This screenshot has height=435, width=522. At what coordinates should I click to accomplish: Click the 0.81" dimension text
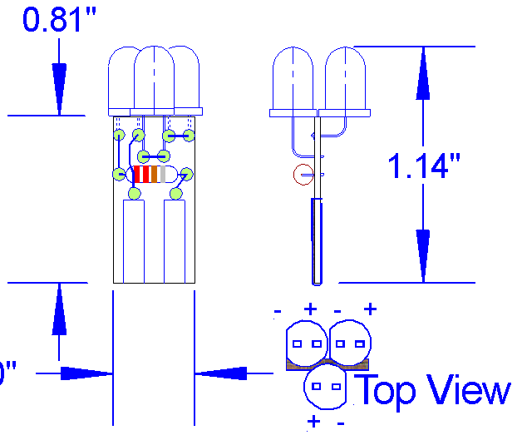click(54, 20)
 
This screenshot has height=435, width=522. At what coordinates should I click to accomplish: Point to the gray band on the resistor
click(165, 175)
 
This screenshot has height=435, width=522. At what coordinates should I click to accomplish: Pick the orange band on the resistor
click(155, 175)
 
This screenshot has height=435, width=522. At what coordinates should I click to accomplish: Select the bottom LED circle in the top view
click(326, 388)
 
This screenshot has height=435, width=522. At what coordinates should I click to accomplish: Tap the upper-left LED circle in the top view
click(306, 343)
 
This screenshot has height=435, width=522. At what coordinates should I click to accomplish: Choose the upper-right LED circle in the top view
click(350, 343)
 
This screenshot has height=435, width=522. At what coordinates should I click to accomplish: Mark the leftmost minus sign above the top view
click(277, 312)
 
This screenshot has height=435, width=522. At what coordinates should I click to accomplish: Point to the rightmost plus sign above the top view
click(370, 309)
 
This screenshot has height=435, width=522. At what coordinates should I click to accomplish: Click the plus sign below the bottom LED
click(313, 422)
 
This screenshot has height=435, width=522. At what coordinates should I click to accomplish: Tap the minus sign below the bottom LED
click(341, 423)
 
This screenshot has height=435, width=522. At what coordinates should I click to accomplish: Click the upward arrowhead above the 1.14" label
click(424, 75)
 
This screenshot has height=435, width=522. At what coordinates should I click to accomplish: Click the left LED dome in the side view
click(293, 79)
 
